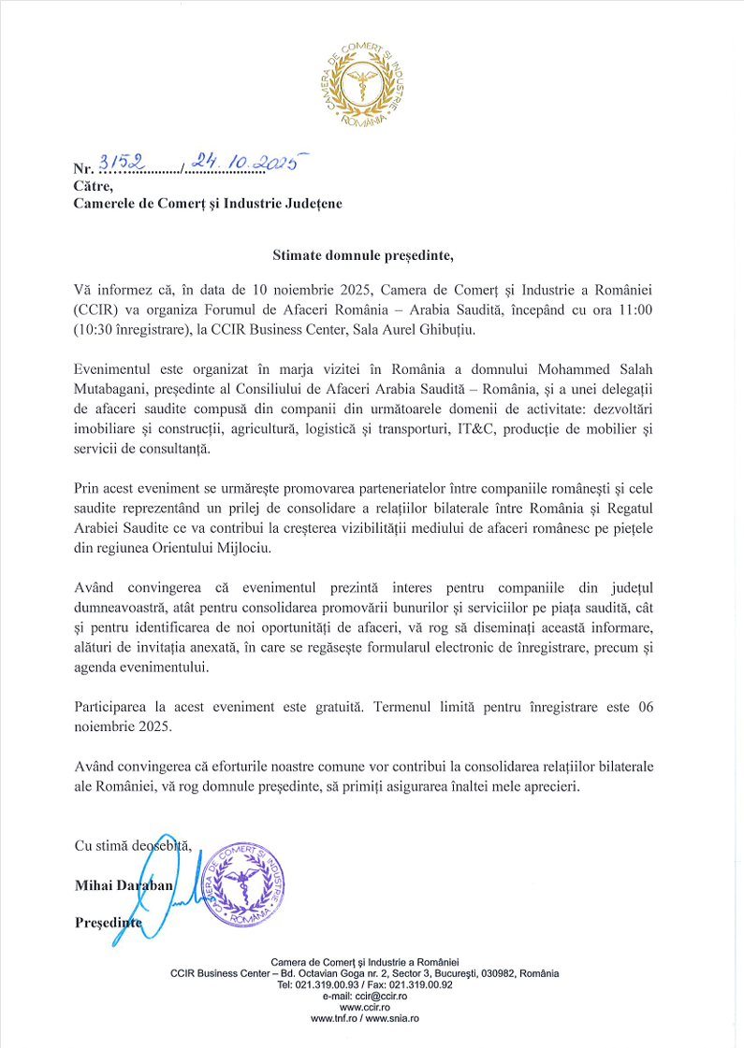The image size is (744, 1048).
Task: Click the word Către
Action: point(93,186)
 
